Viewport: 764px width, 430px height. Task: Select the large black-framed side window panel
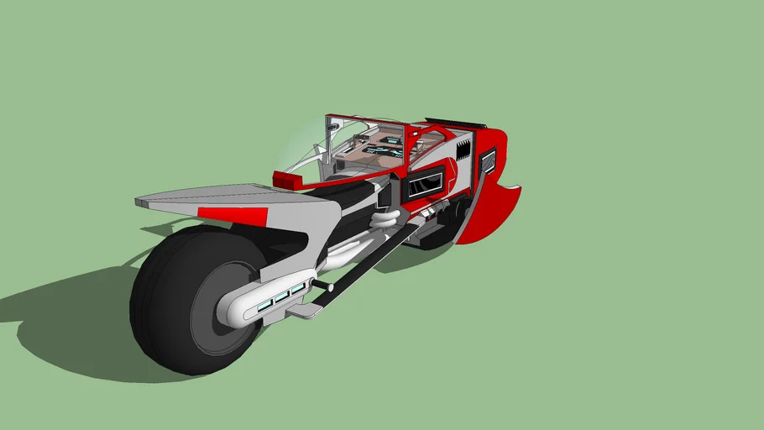(x=426, y=181)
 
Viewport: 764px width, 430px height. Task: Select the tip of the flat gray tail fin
(x=139, y=202)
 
